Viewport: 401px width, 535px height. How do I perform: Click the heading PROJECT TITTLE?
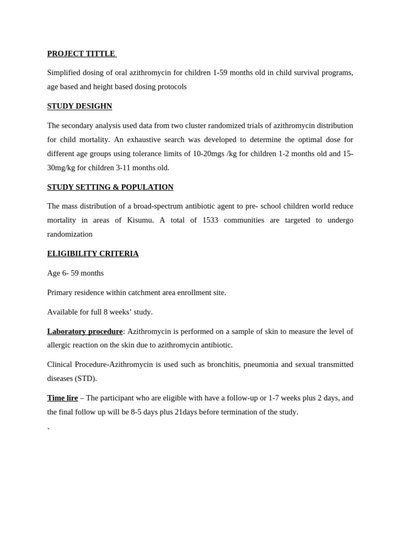81,54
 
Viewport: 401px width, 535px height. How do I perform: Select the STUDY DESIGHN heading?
79,106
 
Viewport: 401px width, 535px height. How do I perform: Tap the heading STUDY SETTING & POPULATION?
110,187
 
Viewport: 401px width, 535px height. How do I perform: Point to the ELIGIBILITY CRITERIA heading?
93,253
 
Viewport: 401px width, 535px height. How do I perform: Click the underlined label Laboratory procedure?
85,331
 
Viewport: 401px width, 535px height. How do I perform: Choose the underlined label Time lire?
62,398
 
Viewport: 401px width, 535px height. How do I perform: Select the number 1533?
210,220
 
